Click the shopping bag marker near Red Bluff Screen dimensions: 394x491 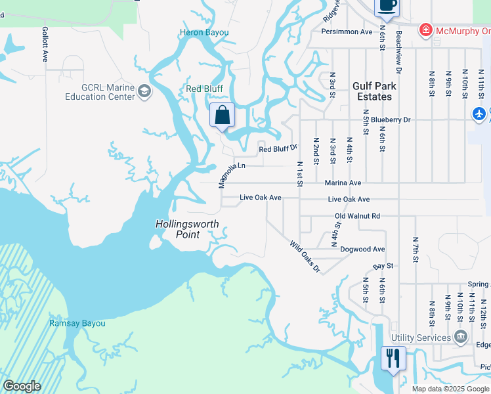coord(223,115)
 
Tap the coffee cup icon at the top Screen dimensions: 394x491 coord(386,5)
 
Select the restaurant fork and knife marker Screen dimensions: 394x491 coord(393,359)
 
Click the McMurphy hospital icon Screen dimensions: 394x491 coord(426,31)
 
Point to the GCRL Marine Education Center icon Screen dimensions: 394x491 coord(144,93)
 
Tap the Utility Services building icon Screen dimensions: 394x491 coord(461,338)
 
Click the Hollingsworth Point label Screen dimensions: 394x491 coord(186,229)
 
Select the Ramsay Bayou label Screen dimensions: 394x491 coord(77,323)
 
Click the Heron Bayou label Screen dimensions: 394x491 coord(204,33)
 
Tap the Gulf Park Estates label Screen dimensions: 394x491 coord(372,91)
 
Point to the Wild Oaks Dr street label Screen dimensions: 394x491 coord(305,257)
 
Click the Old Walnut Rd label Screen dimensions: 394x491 coord(357,216)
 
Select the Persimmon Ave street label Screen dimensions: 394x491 coord(347,32)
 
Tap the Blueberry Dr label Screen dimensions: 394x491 coord(390,120)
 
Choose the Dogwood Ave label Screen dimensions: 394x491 coord(362,250)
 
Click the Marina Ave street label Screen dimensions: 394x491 coord(343,183)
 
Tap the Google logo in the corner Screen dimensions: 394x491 coord(22,386)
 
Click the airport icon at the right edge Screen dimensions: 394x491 coord(480,114)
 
